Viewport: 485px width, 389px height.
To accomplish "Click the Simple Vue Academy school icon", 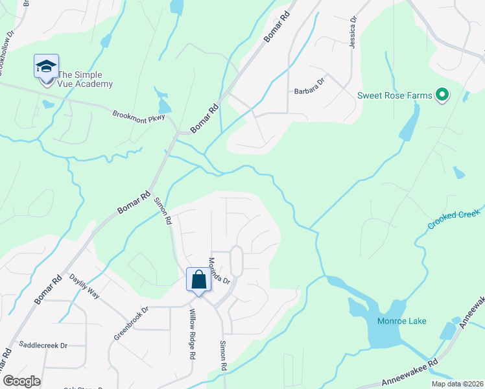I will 46,67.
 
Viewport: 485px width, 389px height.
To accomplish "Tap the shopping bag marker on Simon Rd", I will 199,280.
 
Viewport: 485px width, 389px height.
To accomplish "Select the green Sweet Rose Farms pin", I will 443,96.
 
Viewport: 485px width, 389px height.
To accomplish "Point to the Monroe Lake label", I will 402,321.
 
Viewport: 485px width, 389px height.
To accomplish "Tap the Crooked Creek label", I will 454,219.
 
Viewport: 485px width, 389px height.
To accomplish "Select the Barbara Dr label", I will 309,91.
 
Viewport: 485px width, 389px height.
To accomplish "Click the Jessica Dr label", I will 353,32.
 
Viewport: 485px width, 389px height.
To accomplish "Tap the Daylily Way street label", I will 84,285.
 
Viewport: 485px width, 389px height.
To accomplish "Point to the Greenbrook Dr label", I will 131,323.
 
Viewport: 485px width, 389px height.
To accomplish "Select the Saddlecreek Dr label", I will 43,346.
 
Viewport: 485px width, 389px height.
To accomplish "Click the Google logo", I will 21,381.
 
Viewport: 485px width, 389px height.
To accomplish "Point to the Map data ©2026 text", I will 456,384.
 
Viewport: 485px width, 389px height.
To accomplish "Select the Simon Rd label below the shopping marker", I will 224,356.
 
